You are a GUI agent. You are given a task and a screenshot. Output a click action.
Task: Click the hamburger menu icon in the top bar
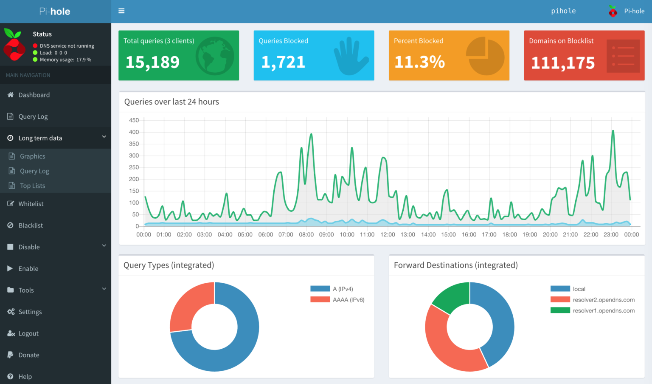[121, 11]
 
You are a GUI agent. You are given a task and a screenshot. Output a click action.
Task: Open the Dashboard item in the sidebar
[34, 95]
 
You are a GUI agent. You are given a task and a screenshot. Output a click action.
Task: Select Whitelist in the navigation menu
[31, 204]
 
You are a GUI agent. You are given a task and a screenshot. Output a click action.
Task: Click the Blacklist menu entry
[31, 225]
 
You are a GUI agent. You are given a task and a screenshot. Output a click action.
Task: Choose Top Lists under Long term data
[32, 186]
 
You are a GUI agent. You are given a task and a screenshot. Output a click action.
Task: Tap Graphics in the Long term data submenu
[32, 156]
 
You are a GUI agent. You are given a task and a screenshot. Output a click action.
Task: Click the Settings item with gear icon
[30, 312]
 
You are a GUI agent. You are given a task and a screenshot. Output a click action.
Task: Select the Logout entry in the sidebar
[28, 333]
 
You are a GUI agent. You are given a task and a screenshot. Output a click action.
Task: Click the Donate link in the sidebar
[29, 355]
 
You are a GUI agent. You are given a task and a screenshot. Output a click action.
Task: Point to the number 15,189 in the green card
[152, 63]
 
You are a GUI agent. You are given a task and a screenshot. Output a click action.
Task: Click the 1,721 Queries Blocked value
[283, 63]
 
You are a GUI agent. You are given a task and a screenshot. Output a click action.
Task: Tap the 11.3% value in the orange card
[419, 63]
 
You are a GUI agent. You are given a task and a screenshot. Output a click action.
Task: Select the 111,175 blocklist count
[563, 63]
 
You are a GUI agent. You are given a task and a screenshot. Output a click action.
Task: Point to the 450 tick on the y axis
[134, 120]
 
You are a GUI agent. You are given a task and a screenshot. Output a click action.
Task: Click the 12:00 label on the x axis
[388, 235]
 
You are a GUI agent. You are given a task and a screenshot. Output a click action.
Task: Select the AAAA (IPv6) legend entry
[348, 300]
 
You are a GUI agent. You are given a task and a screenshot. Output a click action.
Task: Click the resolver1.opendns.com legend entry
[603, 311]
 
